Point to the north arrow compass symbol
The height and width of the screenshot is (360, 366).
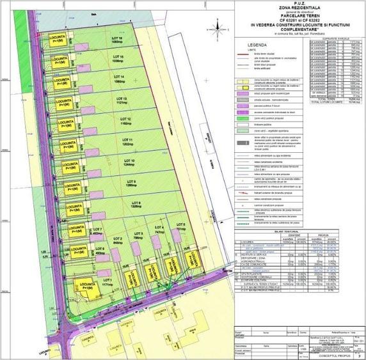tap(220, 26)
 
